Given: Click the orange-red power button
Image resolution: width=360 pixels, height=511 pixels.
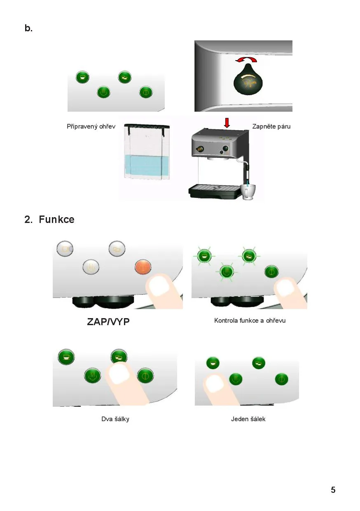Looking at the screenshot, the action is click(143, 267).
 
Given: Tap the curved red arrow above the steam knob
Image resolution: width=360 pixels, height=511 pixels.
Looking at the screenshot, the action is click(246, 59).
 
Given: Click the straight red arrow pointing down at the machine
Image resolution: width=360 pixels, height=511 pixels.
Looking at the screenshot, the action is click(227, 122).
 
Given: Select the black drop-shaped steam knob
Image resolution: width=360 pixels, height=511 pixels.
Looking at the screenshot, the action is click(248, 80).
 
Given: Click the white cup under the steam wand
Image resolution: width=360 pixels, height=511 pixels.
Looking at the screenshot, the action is click(248, 192).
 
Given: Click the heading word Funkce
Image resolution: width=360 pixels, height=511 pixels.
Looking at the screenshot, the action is click(56, 220).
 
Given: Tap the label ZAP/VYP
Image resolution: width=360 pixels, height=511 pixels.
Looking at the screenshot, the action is click(108, 322).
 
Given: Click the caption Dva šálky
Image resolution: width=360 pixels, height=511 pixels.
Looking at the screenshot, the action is click(115, 419).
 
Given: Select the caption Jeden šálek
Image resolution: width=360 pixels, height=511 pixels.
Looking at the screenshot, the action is click(248, 419).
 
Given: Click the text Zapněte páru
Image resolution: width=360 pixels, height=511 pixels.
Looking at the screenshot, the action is click(271, 127).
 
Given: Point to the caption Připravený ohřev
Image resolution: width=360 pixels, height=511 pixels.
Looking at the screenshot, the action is click(91, 127).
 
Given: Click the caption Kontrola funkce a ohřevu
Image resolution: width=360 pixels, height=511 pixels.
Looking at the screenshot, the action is click(250, 321).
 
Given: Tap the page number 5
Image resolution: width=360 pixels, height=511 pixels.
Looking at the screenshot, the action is click(333, 490).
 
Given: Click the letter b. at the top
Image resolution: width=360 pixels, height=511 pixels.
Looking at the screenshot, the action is click(28, 28).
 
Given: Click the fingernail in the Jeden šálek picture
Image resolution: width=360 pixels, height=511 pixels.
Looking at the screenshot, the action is click(215, 383).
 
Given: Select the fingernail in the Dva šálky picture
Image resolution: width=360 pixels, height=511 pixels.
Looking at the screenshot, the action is click(119, 374).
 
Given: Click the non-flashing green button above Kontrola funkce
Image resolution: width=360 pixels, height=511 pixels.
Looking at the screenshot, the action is click(271, 272).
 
